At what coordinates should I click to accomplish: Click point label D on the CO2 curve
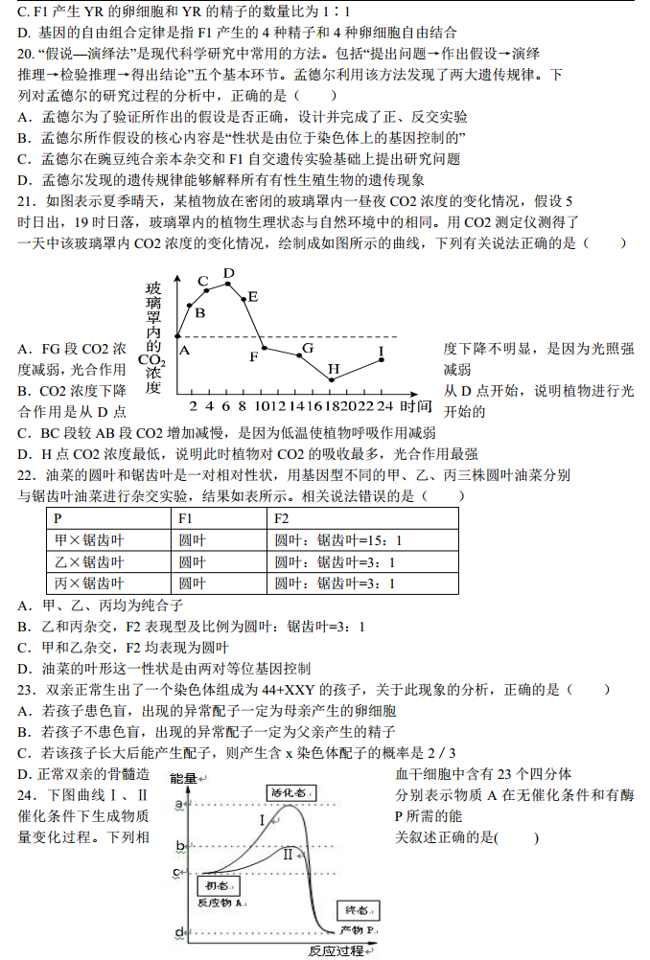pos(228,274)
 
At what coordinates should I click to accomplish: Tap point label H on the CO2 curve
pos(334,369)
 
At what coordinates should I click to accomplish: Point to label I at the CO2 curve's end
pos(381,352)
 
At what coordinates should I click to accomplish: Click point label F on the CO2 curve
pos(254,357)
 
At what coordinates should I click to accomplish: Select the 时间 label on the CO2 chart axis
pos(416,405)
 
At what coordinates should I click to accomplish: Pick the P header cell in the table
pos(58,518)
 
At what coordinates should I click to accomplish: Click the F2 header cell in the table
pos(282,518)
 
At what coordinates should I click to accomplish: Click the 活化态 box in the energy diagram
pos(289,792)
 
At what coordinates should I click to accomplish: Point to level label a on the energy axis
pos(179,803)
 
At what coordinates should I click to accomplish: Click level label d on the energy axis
pos(179,932)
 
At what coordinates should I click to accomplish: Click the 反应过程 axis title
pos(337,950)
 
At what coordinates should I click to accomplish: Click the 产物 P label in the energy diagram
pos(359,930)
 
